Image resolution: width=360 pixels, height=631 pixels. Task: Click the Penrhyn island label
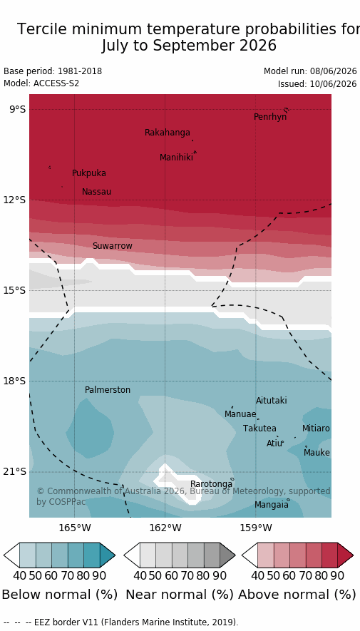click(x=270, y=117)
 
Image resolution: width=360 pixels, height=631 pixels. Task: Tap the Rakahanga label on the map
click(x=168, y=133)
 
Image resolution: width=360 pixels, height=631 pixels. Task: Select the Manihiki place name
click(x=176, y=158)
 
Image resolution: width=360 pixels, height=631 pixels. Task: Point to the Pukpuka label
click(x=89, y=173)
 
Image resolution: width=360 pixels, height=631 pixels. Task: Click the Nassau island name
click(x=96, y=192)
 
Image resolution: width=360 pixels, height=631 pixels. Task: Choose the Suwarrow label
click(x=112, y=246)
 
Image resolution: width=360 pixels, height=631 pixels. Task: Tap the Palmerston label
click(x=108, y=390)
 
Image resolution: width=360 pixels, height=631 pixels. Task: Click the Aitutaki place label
click(x=272, y=401)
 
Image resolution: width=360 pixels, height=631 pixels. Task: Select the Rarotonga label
click(x=211, y=483)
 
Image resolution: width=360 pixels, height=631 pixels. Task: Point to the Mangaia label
click(x=272, y=505)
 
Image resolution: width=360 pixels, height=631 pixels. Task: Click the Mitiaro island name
click(x=316, y=429)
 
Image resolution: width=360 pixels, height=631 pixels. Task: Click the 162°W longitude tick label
click(x=165, y=528)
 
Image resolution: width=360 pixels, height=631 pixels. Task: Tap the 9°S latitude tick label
click(x=17, y=110)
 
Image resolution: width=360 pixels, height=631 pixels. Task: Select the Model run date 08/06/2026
click(x=333, y=71)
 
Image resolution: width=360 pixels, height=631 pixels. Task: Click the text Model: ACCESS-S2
click(x=41, y=83)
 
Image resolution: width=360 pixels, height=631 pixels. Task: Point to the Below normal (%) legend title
click(x=60, y=595)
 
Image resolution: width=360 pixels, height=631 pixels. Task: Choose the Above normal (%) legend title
click(x=297, y=595)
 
